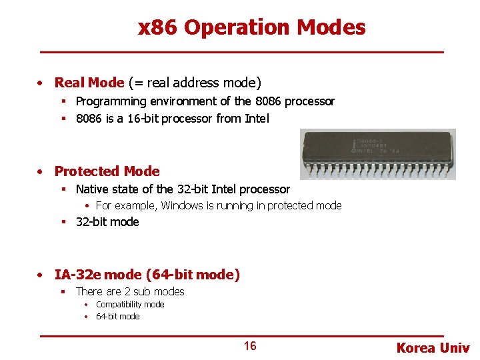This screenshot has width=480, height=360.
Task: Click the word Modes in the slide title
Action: coord(331,28)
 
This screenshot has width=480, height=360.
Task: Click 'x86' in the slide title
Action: coord(158,28)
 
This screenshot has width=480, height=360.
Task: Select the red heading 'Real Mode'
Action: coord(89,83)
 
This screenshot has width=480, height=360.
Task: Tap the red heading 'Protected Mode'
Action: coord(107,171)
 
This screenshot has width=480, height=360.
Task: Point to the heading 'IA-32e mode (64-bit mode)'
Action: coord(147,275)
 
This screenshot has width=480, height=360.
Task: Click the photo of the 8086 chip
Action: coord(377,155)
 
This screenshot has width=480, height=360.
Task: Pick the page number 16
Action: coord(249,346)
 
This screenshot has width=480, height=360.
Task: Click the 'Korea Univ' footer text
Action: coord(433,348)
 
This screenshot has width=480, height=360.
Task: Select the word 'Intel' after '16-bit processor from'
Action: coord(257,119)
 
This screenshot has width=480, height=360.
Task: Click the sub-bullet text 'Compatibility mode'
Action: coord(130,305)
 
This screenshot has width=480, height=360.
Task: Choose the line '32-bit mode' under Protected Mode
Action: coord(107,222)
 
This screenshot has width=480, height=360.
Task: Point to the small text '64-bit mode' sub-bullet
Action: coord(118,317)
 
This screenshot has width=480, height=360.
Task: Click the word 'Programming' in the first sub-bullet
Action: coord(111,101)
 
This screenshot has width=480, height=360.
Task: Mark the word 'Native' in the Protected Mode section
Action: coord(93,189)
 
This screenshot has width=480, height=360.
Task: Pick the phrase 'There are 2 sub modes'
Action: coord(130,291)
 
